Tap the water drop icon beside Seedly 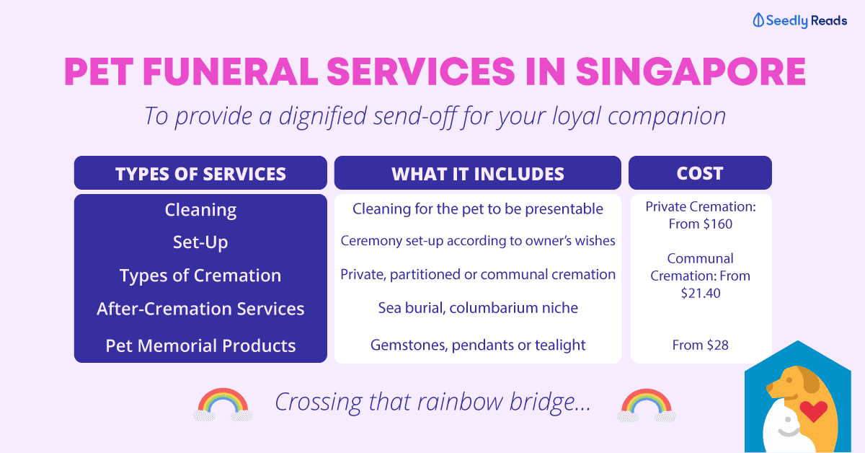[758, 21]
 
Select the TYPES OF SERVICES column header [200, 174]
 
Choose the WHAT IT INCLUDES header [477, 174]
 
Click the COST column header [699, 173]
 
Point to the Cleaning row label [200, 210]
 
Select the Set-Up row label [200, 242]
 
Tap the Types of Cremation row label [200, 276]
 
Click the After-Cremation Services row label [200, 309]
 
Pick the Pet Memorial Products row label [200, 346]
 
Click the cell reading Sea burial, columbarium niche [477, 308]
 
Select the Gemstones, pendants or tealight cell [477, 346]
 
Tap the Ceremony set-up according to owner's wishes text [477, 241]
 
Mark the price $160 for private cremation [717, 224]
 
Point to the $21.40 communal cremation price [700, 294]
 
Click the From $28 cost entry [700, 346]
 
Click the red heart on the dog [814, 412]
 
